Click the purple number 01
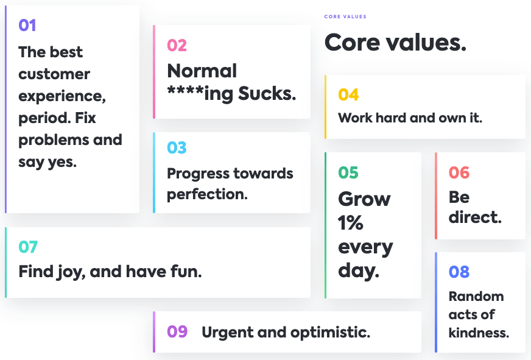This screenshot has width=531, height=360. tap(27, 26)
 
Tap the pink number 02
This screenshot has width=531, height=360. tap(177, 46)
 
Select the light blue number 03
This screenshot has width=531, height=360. tap(177, 147)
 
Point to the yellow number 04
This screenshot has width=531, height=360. tap(348, 95)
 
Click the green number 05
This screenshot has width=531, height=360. tap(348, 173)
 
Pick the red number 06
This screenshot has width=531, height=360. tap(459, 173)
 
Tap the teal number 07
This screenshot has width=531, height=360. tap(28, 247)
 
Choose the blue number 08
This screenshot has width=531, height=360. tap(459, 272)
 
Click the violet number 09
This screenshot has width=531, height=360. tap(177, 331)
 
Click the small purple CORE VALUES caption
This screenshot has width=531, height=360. tap(345, 16)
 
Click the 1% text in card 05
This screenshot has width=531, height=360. tap(351, 223)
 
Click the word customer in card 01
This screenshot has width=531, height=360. tap(54, 74)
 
